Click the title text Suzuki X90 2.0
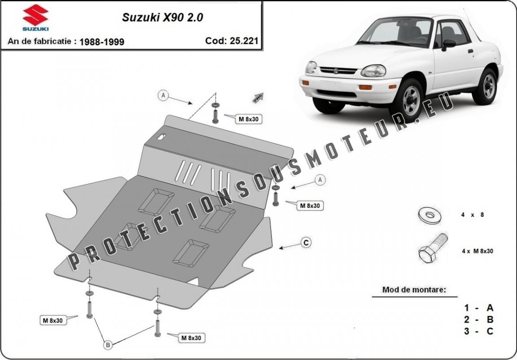(x=162, y=18)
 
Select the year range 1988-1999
(x=102, y=42)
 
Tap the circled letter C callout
(x=307, y=243)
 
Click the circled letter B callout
(x=108, y=345)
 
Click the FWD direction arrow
(x=258, y=97)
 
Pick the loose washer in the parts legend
(x=429, y=215)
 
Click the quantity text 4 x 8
(x=473, y=215)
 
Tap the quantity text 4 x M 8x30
(x=478, y=251)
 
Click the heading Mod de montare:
(x=414, y=290)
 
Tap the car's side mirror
(x=448, y=44)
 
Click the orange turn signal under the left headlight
(x=365, y=88)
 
